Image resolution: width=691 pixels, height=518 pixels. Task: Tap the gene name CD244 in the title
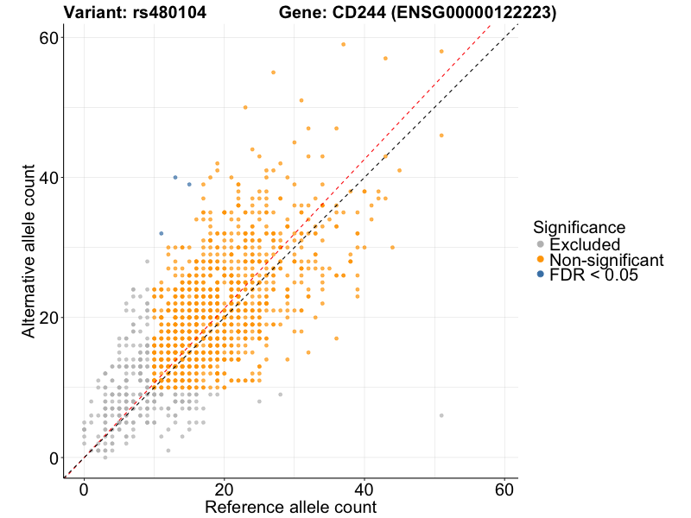click(x=358, y=14)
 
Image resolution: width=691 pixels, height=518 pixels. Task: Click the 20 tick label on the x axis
click(x=225, y=488)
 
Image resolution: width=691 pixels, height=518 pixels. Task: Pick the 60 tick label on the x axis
click(x=505, y=488)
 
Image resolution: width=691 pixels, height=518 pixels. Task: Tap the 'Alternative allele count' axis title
click(x=29, y=248)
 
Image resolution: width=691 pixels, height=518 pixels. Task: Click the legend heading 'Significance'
click(x=579, y=228)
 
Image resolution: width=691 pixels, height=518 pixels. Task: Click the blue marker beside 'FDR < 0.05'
click(x=540, y=275)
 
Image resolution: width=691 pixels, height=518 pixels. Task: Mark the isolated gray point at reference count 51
click(x=441, y=415)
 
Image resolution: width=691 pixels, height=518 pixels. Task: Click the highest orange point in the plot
click(x=343, y=44)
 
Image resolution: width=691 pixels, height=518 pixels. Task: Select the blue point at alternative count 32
click(x=161, y=233)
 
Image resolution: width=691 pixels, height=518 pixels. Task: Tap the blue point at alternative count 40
click(x=175, y=177)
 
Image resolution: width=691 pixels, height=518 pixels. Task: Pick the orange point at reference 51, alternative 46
click(x=441, y=136)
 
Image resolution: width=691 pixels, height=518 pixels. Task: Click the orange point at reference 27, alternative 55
click(x=273, y=73)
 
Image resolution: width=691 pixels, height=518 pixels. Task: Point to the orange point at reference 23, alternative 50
click(x=245, y=107)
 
